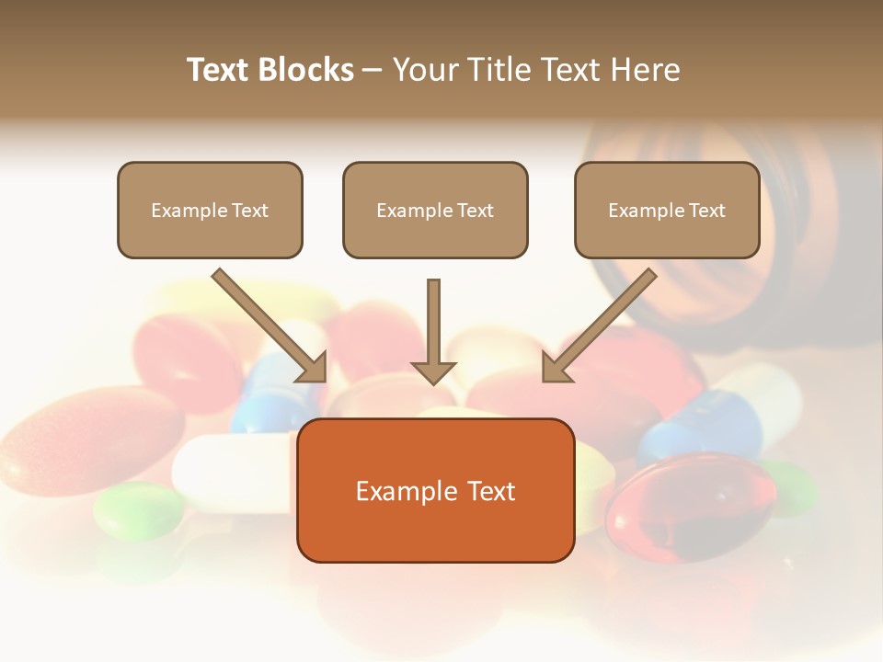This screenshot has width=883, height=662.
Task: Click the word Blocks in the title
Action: coord(305,70)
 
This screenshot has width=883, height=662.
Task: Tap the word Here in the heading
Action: coord(646,70)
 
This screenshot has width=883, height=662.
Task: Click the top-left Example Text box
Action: coord(210,211)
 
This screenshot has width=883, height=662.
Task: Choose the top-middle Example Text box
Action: coord(435,211)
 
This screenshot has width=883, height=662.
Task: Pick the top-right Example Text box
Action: coord(667,211)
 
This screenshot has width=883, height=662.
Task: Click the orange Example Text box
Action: coord(435,491)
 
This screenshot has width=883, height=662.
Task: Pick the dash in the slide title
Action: coord(373,70)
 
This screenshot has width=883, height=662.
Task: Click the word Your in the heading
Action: coord(423,70)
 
